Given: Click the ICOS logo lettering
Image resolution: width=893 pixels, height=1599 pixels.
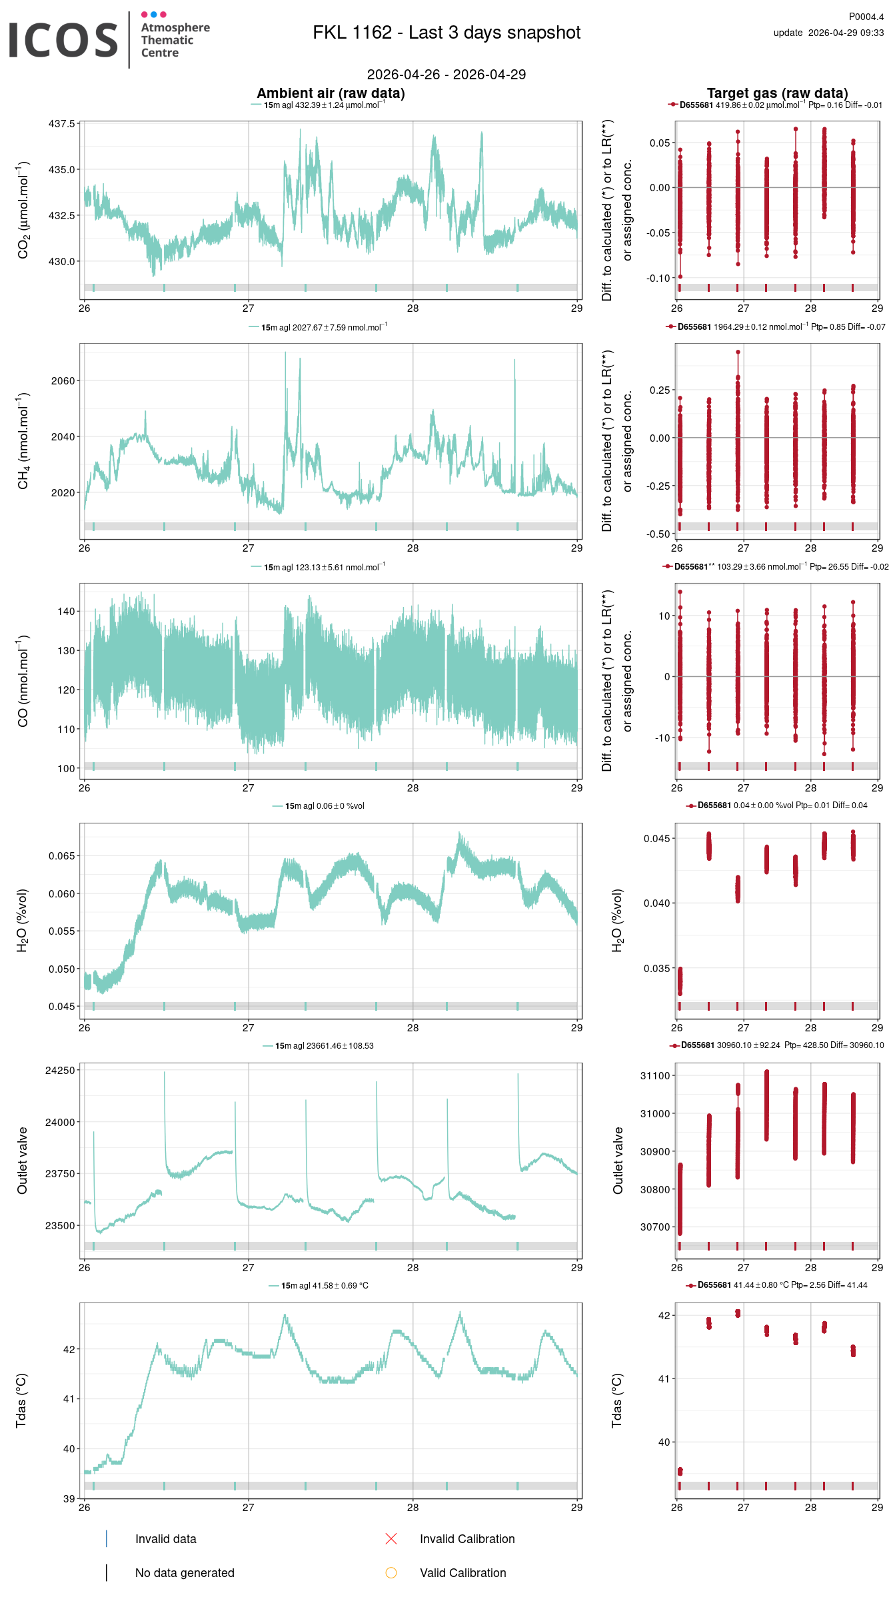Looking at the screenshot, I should (x=63, y=40).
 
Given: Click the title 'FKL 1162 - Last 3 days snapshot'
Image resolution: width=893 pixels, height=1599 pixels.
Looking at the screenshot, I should (x=446, y=33).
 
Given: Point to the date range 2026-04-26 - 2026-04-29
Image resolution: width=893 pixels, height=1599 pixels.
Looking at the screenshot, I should (x=446, y=75).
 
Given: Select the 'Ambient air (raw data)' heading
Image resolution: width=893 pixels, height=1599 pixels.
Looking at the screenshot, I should (x=331, y=93).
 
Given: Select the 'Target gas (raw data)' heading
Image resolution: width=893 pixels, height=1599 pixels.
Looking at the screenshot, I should (x=777, y=93).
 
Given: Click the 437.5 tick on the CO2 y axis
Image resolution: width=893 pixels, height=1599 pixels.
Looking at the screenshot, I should (x=62, y=124).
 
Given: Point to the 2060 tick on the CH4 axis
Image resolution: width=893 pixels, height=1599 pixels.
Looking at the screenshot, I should (x=63, y=381).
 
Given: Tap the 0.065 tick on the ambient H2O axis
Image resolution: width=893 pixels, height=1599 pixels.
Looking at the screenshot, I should (x=61, y=855).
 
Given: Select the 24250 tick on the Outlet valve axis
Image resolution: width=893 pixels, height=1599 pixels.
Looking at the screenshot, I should (x=60, y=1070).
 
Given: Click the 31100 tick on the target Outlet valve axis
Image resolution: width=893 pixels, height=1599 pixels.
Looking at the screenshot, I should (x=655, y=1075).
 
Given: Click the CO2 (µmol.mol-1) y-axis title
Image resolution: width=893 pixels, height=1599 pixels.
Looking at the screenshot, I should (x=23, y=210).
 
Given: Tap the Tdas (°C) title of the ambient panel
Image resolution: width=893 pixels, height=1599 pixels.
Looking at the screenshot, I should (x=21, y=1400).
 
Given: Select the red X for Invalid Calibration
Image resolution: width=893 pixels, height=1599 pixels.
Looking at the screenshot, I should (x=391, y=1538).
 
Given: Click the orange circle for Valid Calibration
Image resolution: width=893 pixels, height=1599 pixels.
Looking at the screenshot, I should (x=391, y=1572).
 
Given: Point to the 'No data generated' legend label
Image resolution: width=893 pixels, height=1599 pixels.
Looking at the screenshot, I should (x=185, y=1572).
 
